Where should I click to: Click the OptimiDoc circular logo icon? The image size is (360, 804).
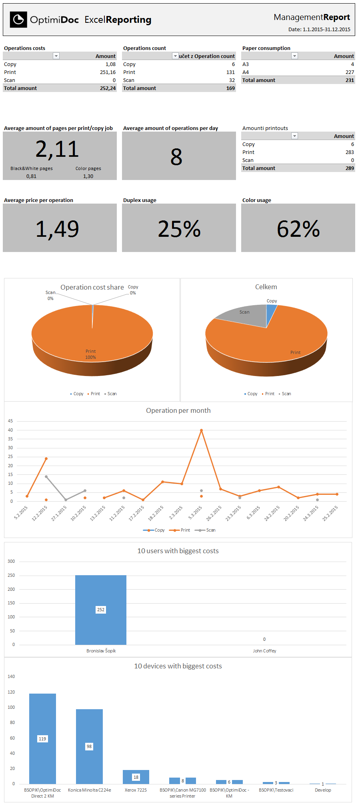[18, 19]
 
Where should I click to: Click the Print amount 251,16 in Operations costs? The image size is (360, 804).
[108, 72]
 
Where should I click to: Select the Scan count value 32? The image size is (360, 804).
[232, 80]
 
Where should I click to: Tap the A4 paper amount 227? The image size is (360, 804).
[350, 72]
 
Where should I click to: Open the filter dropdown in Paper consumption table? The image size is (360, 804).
[294, 56]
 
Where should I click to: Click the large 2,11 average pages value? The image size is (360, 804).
[57, 149]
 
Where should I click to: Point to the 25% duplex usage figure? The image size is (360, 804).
[179, 229]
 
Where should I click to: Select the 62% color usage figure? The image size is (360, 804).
[298, 229]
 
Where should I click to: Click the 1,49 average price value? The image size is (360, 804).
[57, 229]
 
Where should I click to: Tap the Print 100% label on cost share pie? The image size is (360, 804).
[91, 354]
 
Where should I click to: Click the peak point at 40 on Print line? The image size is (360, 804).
[201, 430]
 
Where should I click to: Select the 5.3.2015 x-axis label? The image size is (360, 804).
[195, 512]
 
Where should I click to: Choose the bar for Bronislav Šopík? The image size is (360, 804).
[101, 610]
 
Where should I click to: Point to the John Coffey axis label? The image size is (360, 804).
[264, 651]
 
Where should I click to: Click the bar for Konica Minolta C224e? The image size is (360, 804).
[89, 746]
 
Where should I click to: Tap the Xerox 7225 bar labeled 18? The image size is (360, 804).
[136, 777]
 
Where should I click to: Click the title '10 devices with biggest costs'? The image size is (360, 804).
[178, 666]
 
